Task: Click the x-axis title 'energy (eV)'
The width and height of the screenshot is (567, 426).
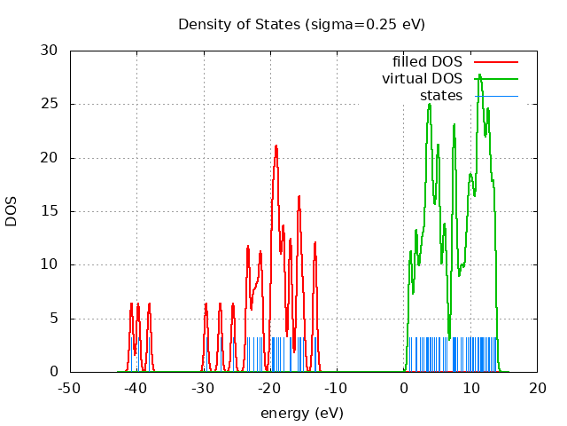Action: click(301, 413)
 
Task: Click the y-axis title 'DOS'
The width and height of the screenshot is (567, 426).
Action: click(12, 211)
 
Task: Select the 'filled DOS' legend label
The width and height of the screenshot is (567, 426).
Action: click(427, 62)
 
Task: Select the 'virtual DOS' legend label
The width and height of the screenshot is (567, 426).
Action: click(422, 79)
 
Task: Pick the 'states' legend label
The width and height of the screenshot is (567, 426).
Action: click(441, 95)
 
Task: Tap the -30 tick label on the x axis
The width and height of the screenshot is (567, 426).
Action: click(204, 388)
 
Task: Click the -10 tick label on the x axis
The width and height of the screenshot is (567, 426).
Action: click(337, 388)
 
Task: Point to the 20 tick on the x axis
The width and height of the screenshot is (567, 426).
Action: click(538, 388)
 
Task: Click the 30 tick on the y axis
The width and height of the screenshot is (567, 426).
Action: click(51, 51)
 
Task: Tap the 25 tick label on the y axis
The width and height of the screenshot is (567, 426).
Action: click(51, 105)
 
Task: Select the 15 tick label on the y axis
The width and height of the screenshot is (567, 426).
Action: click(51, 211)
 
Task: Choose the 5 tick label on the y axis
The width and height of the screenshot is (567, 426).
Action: click(55, 319)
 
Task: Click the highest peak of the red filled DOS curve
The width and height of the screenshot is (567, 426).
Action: click(276, 146)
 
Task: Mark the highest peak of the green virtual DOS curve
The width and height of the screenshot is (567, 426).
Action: click(479, 75)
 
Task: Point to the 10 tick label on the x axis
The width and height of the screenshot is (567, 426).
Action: click(470, 388)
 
